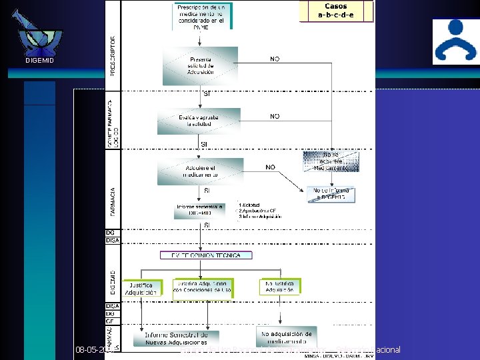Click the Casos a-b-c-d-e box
pos(337,11)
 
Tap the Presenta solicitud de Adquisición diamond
pos(201,65)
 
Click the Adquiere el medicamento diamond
pos(201,171)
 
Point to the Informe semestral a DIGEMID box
pos(201,210)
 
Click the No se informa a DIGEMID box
pos(331,194)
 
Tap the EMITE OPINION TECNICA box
pos(207,255)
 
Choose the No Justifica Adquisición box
pos(280,286)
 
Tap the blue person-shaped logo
pos(455,41)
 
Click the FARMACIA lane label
pos(112,201)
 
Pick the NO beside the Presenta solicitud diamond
pos(275,59)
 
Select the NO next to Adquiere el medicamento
pos(271,167)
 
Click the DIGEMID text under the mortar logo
pos(39,61)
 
